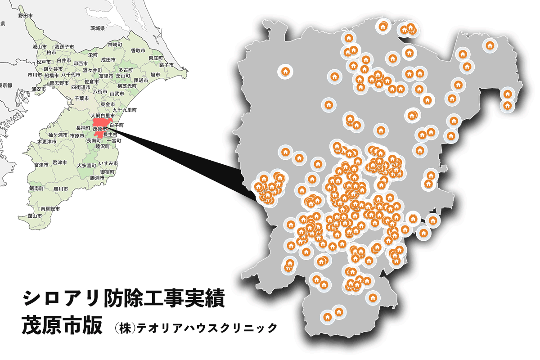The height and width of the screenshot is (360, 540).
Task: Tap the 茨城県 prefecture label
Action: pyautogui.click(x=97, y=28)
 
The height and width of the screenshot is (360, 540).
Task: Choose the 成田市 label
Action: pyautogui.click(x=108, y=59)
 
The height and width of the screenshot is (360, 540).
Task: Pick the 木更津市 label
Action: pyautogui.click(x=47, y=141)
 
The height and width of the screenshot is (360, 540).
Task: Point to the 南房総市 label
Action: pyautogui.click(x=50, y=209)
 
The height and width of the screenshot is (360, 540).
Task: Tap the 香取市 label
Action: pyautogui.click(x=138, y=51)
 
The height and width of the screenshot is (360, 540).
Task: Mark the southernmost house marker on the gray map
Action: pyautogui.click(x=327, y=317)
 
